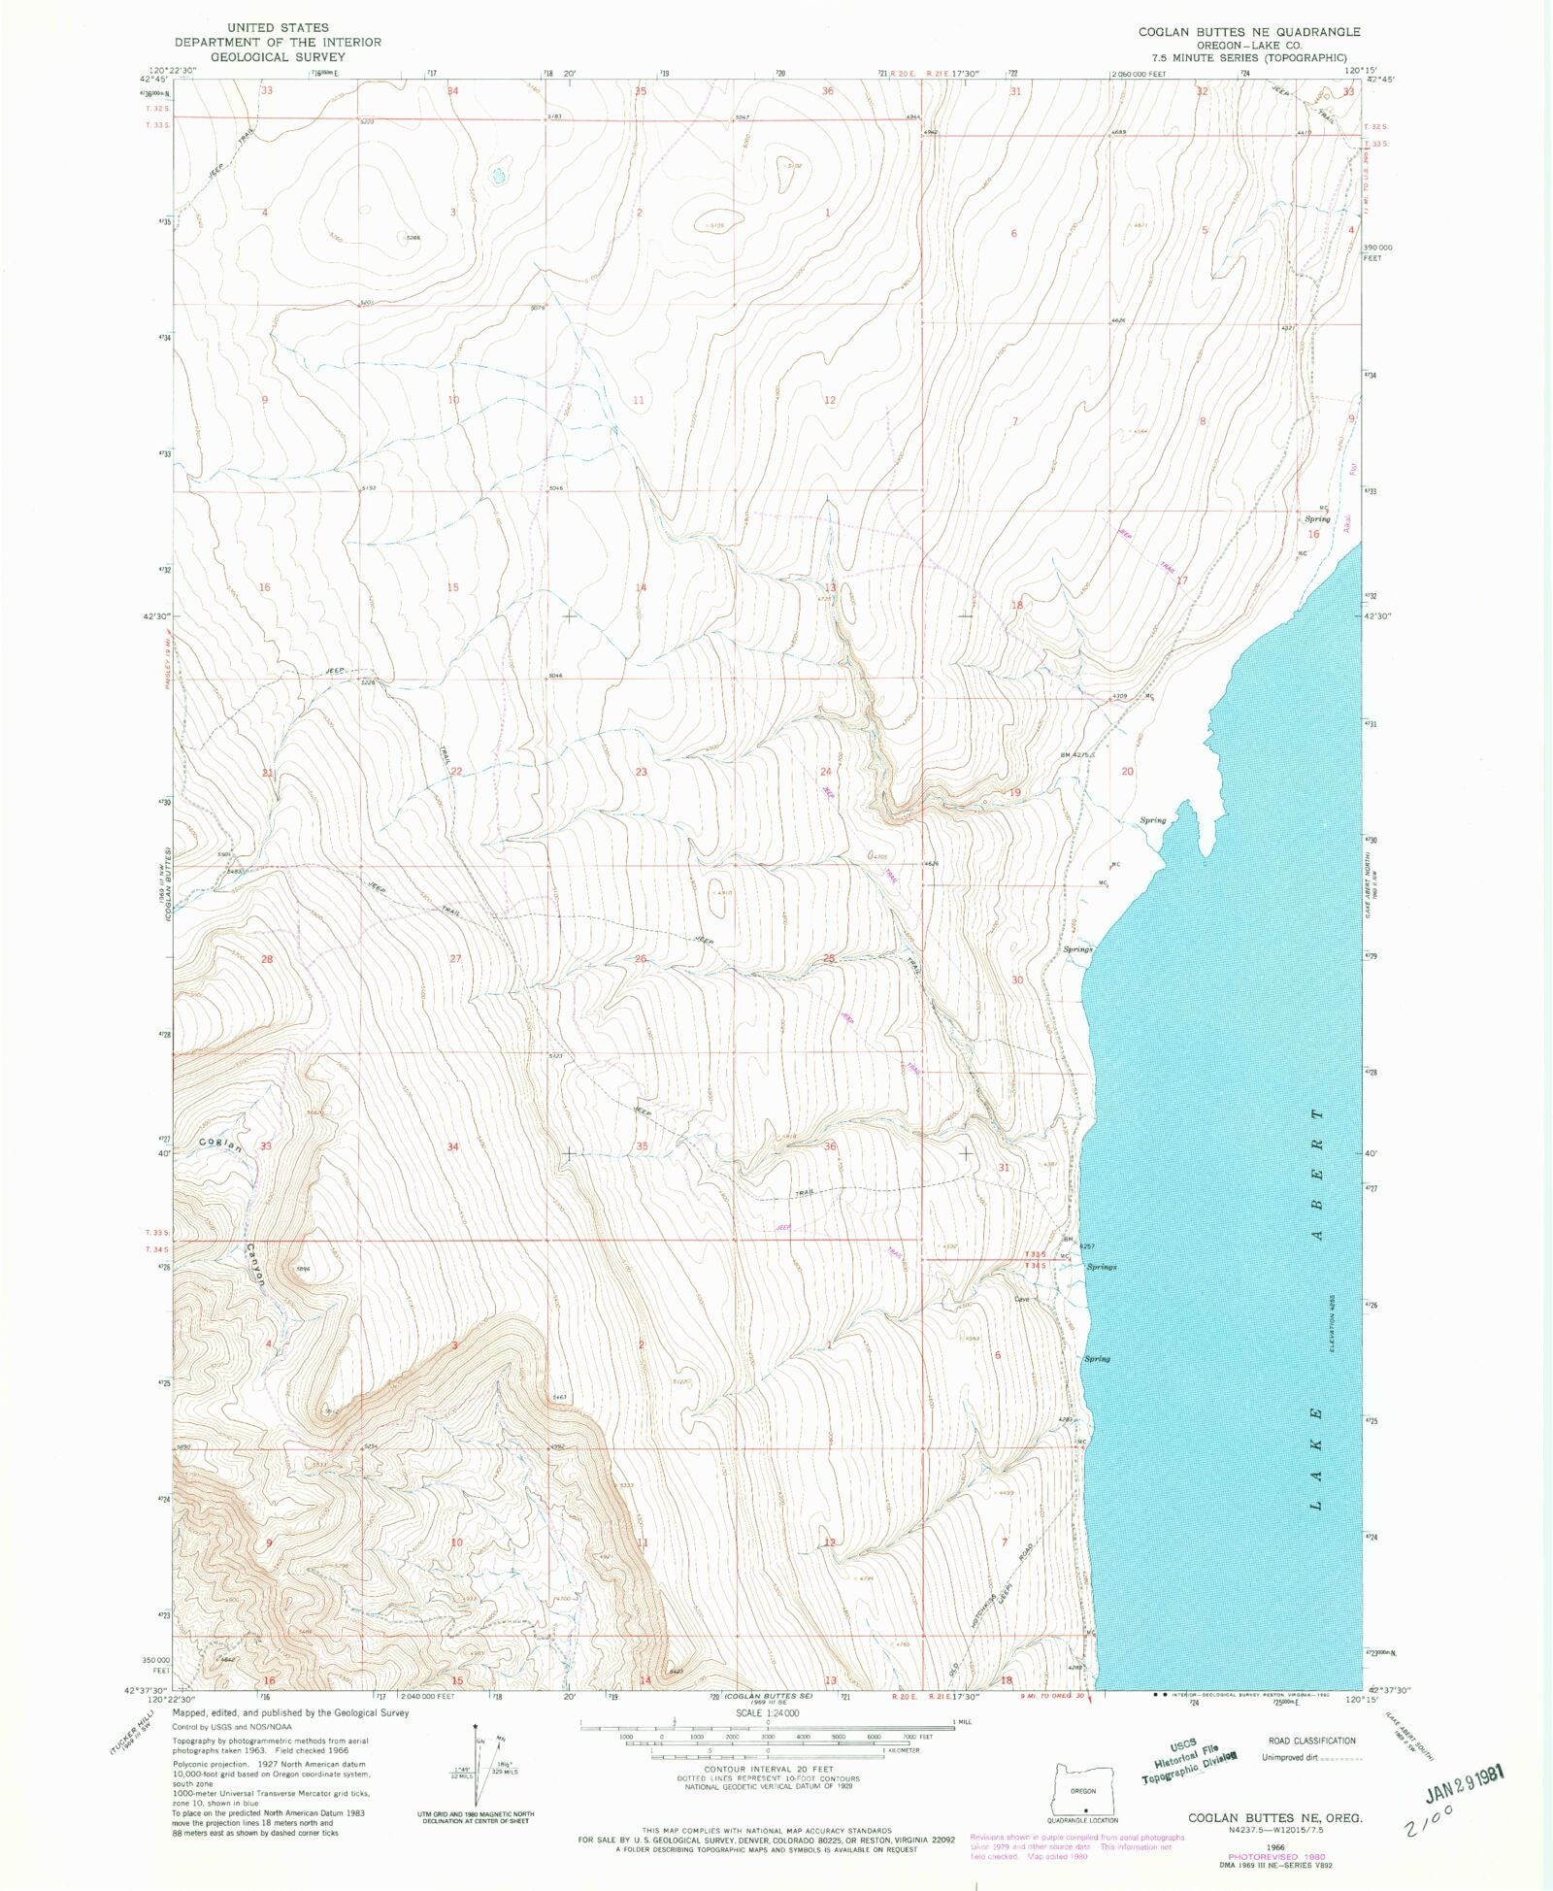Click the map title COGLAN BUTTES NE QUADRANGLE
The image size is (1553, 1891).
pos(1249,32)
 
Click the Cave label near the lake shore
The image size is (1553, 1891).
pos(1021,1300)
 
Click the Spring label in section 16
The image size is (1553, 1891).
pos(1317,519)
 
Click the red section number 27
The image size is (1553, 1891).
pos(454,959)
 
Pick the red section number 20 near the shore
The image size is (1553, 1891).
pos(1127,772)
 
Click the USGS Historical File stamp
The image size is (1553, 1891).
pos(1181,1755)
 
